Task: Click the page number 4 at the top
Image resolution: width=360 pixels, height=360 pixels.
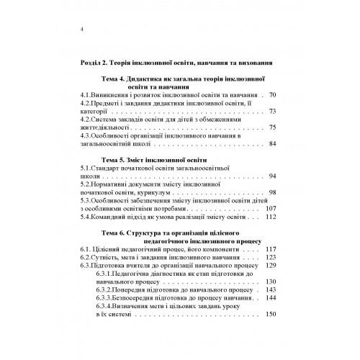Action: coord(84,29)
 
